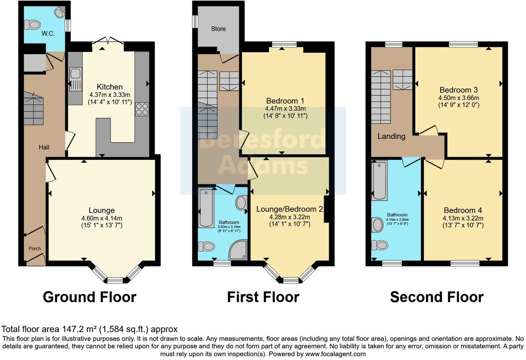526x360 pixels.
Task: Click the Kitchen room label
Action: click(110, 87)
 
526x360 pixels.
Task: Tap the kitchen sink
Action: click(75, 74)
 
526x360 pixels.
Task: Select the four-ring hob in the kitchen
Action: click(142, 109)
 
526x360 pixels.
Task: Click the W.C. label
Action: click(48, 34)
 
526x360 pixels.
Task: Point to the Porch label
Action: click(35, 249)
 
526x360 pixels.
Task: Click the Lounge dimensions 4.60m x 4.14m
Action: click(102, 218)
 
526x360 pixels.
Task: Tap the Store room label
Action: click(218, 29)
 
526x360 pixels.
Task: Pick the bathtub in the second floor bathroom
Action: click(379, 180)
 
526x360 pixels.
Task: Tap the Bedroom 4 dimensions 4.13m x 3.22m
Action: click(463, 218)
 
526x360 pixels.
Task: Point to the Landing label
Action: click(391, 136)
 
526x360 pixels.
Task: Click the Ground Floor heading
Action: click(90, 297)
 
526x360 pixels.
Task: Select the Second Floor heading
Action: click(437, 297)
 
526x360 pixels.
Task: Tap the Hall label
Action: click(44, 147)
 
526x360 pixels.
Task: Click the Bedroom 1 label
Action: click(285, 101)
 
